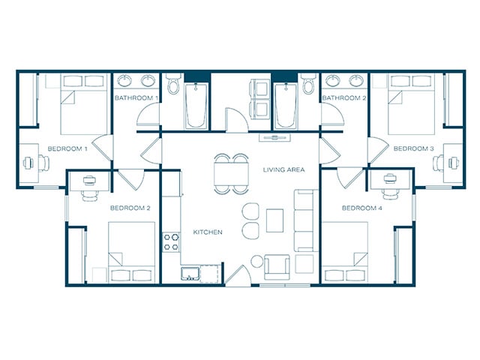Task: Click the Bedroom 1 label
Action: pos(67,149)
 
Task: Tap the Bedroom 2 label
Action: pos(130,208)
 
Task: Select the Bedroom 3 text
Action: pos(413,148)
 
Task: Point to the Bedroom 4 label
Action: pos(361,208)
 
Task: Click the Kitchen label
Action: pos(208,232)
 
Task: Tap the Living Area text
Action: pos(283,169)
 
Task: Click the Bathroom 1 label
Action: pos(136,98)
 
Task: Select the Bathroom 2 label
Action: pos(344,98)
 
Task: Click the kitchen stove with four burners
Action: pos(171,242)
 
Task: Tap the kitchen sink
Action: pos(190,274)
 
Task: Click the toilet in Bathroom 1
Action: pos(173,83)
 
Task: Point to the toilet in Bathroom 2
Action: pos(308,83)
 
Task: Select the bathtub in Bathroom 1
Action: pos(196,106)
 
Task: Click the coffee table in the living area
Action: pos(274,220)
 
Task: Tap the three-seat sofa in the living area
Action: pos(304,220)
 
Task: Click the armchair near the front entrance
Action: pos(277,267)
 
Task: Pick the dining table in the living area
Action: pos(231,173)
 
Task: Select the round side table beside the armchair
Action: pos(256,262)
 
